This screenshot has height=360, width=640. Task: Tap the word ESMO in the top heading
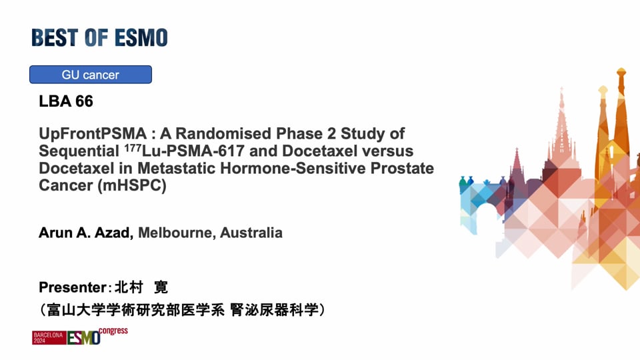pos(141,37)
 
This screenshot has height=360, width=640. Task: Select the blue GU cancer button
pos(91,75)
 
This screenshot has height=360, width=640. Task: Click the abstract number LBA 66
pos(66,101)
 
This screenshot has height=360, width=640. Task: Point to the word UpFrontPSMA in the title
pos(93,133)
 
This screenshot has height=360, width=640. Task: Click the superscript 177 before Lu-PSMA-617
pos(132,148)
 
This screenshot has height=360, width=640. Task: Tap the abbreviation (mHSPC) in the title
pos(132,185)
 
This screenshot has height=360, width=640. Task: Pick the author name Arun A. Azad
pos(86,233)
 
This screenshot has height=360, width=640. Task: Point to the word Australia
pos(251,233)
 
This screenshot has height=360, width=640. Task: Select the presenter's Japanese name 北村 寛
pos(141,287)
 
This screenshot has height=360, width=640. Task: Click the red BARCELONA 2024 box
pos(49,338)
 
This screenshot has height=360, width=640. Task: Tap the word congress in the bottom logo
pos(113,331)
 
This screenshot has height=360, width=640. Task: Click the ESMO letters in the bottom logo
pos(84,338)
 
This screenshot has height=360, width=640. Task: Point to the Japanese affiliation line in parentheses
pos(182,310)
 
